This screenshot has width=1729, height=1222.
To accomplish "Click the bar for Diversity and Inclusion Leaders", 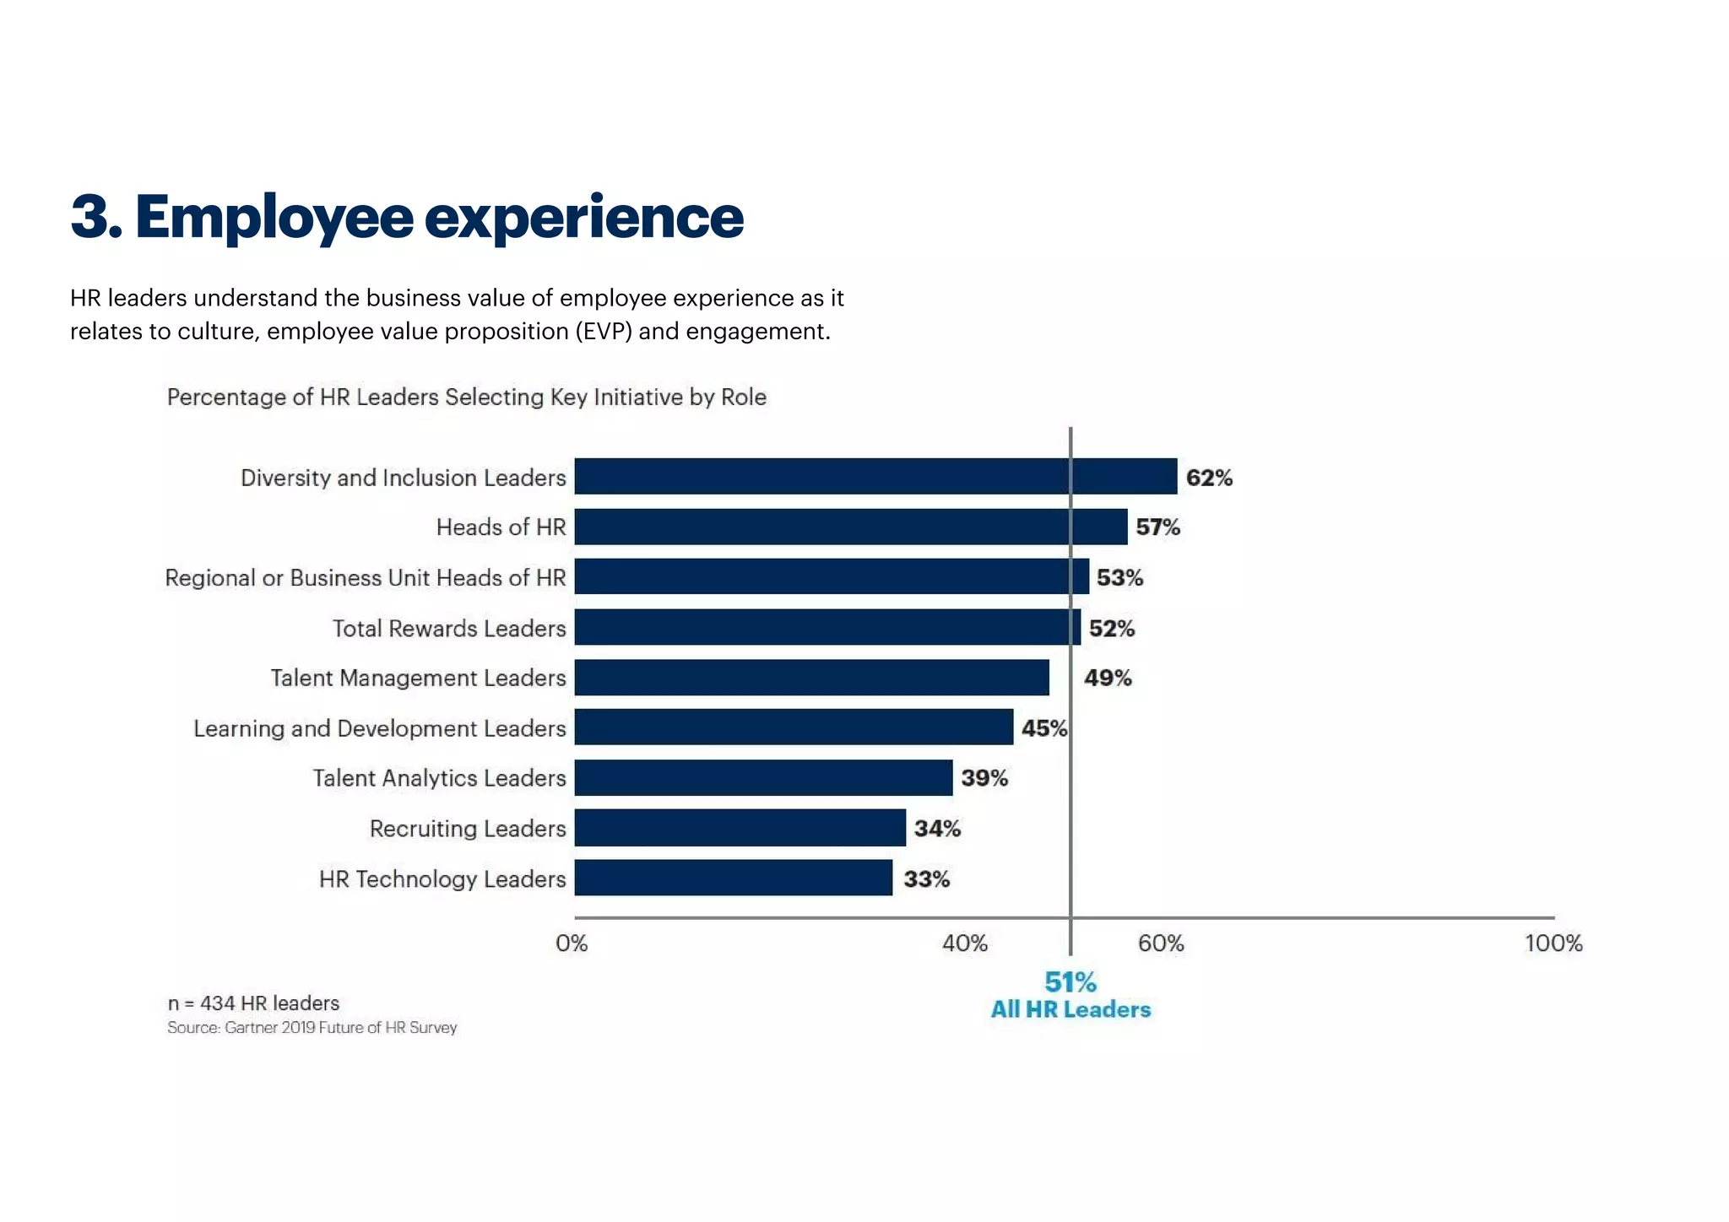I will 875,477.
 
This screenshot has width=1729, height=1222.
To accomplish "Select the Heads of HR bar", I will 850,527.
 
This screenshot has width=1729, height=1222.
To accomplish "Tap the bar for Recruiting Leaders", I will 740,828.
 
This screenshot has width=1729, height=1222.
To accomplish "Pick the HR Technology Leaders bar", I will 733,878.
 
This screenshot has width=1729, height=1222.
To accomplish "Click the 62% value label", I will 1209,478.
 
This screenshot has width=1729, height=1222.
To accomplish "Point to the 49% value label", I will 1108,678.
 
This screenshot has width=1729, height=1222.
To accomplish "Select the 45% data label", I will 1044,728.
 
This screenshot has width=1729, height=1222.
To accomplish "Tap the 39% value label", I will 984,778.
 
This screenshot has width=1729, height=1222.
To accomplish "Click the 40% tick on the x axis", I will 965,943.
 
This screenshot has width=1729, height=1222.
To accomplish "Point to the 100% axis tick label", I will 1553,943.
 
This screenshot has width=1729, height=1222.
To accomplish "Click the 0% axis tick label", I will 572,943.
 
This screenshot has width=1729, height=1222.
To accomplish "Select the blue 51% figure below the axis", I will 1070,981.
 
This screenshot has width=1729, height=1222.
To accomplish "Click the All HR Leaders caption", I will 1070,1009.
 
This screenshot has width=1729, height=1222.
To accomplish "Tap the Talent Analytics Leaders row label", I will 439,778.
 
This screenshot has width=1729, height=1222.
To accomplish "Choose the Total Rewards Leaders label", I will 449,628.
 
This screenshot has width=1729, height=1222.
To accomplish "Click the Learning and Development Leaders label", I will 380,728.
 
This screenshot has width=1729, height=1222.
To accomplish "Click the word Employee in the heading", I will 274,217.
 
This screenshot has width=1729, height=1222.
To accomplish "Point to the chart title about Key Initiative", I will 466,397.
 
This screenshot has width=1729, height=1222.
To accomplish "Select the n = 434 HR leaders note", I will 253,1003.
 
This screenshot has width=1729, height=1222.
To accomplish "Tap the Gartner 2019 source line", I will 312,1027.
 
